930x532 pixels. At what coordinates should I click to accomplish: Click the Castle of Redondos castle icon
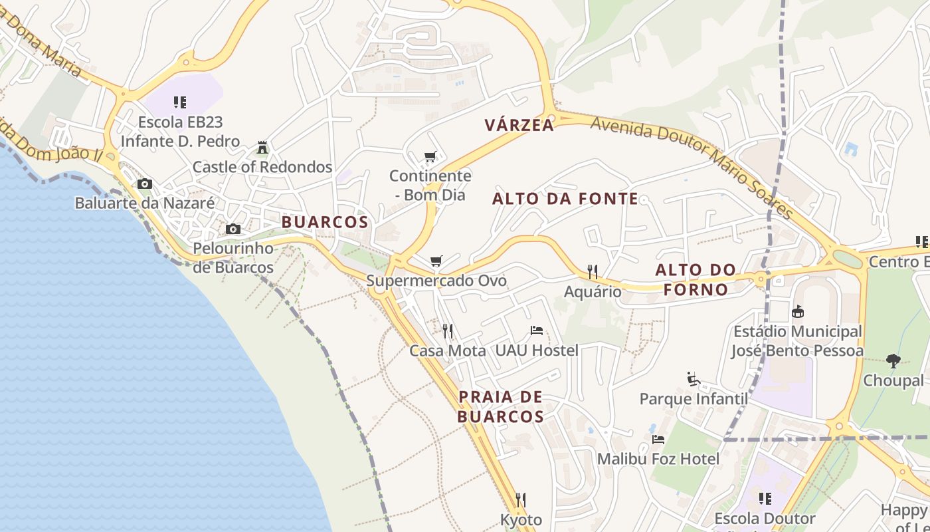point(262,147)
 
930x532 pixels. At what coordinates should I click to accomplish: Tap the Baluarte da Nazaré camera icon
point(144,184)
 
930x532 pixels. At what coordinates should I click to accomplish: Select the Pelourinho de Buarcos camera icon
point(233,229)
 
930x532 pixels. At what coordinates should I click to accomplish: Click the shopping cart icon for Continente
point(430,157)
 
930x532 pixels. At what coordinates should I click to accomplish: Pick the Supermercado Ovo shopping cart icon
point(436,261)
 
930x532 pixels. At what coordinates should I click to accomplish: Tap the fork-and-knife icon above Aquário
point(593,271)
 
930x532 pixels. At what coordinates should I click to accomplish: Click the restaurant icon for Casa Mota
point(448,331)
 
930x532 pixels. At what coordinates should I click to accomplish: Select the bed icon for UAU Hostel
point(537,331)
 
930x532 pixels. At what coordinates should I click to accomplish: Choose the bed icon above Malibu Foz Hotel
point(658,440)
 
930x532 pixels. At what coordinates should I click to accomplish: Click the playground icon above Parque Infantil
point(693,380)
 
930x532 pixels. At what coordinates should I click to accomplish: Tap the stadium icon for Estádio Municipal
point(798,311)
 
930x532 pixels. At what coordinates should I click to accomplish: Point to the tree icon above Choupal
point(893,361)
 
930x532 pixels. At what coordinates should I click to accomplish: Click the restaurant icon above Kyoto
point(521,500)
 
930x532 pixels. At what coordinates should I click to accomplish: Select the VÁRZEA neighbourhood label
point(519,125)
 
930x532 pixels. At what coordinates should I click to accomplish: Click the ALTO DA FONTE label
point(565,198)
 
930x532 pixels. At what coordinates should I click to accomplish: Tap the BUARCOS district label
point(325,222)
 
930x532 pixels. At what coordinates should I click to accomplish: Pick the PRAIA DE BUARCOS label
point(501,407)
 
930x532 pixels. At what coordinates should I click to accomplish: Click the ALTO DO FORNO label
point(696,280)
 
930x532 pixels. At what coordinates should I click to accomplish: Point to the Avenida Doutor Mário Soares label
point(691,166)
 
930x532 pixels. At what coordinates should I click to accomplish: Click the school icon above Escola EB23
point(179,102)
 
